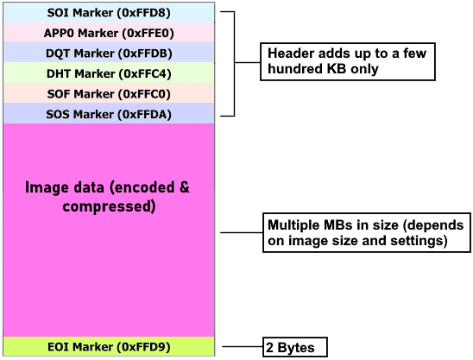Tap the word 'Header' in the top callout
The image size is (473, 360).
coord(288,54)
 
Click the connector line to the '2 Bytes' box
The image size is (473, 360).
coord(242,348)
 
